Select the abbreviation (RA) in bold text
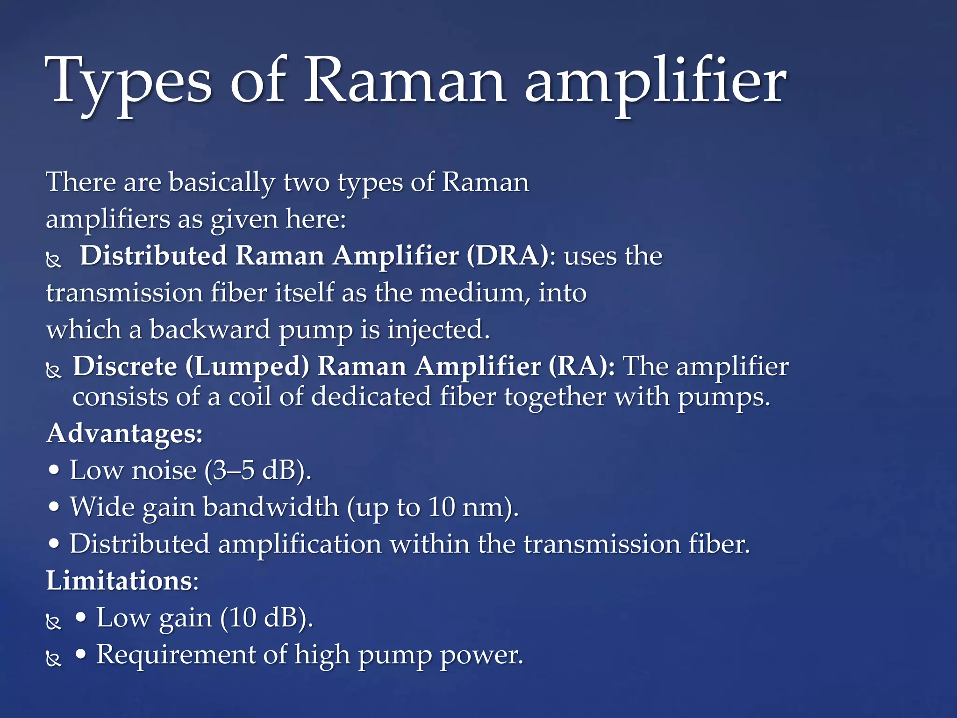click(x=582, y=366)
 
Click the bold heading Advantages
click(x=124, y=433)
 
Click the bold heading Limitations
click(x=120, y=581)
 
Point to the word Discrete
click(x=125, y=366)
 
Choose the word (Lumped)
click(x=247, y=366)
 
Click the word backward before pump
click(x=210, y=330)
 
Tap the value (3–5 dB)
click(x=257, y=470)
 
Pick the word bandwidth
click(x=271, y=507)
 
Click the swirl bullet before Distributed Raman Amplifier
click(x=54, y=260)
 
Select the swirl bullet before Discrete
click(x=54, y=371)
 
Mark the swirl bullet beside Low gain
click(x=54, y=622)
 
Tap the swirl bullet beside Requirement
click(x=54, y=659)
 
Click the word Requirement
click(x=175, y=654)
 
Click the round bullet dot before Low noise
click(x=55, y=470)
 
